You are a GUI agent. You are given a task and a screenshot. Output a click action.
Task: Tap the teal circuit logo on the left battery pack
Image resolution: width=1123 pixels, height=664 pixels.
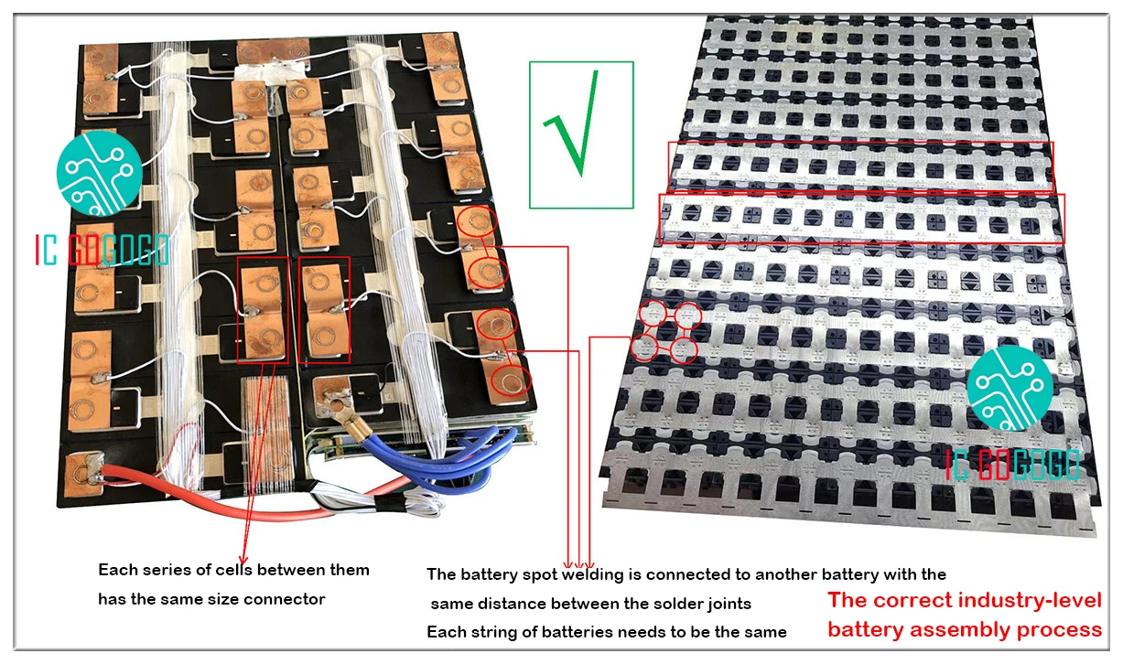[99, 173]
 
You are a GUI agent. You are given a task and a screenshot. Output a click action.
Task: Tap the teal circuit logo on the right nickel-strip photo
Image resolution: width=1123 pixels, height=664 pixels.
[1010, 388]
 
